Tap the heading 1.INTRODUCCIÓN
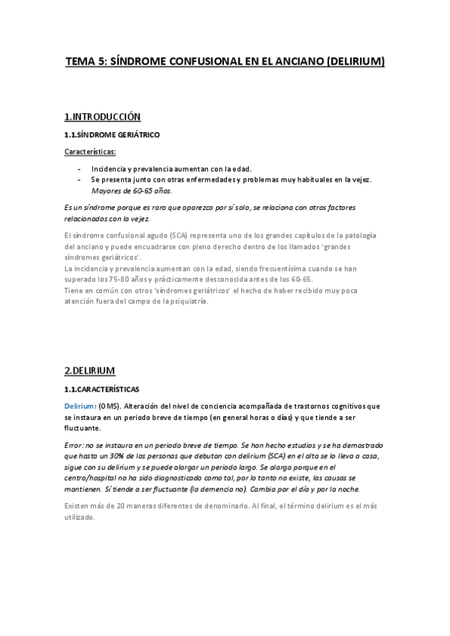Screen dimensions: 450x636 point(103,117)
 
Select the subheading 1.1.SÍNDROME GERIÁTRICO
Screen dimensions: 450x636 point(112,135)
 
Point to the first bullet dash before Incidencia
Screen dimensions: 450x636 point(79,168)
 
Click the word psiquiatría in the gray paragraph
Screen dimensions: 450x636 point(183,301)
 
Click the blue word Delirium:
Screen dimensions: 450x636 point(80,406)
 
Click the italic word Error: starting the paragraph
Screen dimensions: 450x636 point(76,445)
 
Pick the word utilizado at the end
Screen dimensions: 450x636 point(80,517)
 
